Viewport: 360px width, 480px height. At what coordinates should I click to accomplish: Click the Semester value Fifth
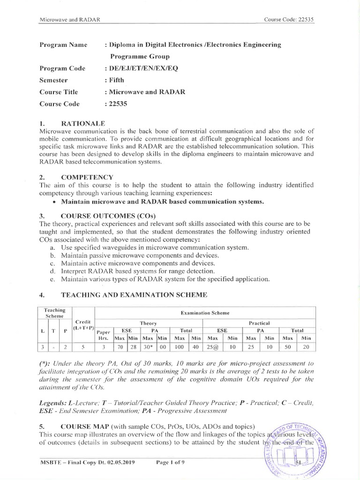click(x=115, y=80)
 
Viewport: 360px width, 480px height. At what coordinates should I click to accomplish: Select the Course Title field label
click(x=59, y=92)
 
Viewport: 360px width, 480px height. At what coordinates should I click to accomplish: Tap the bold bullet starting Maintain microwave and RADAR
click(x=159, y=202)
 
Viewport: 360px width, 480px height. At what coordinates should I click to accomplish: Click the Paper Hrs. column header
click(x=104, y=334)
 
